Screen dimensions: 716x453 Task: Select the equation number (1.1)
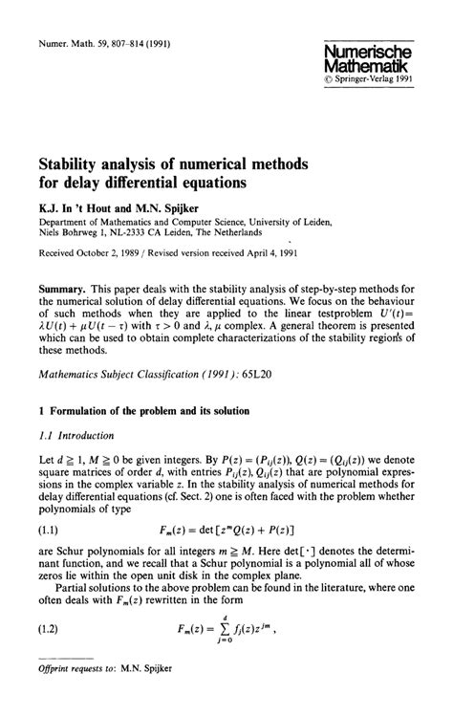click(51, 531)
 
